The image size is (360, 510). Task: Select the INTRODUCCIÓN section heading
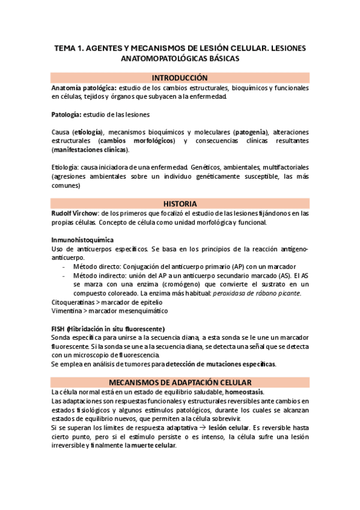[180, 78]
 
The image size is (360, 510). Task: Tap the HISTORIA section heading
[180, 204]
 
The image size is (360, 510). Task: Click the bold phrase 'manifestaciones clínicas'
[90, 150]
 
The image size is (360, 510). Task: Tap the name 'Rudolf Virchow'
[73, 214]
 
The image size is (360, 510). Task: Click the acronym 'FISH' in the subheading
[58, 329]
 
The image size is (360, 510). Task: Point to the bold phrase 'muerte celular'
[153, 445]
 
